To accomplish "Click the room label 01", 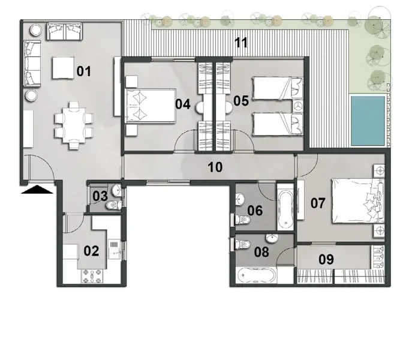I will [83, 72].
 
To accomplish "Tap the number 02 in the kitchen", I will [91, 251].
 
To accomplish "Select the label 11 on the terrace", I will [241, 43].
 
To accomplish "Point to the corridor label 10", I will [215, 167].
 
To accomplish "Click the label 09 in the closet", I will [326, 260].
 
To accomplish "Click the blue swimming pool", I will [367, 120].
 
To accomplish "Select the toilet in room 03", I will [112, 205].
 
